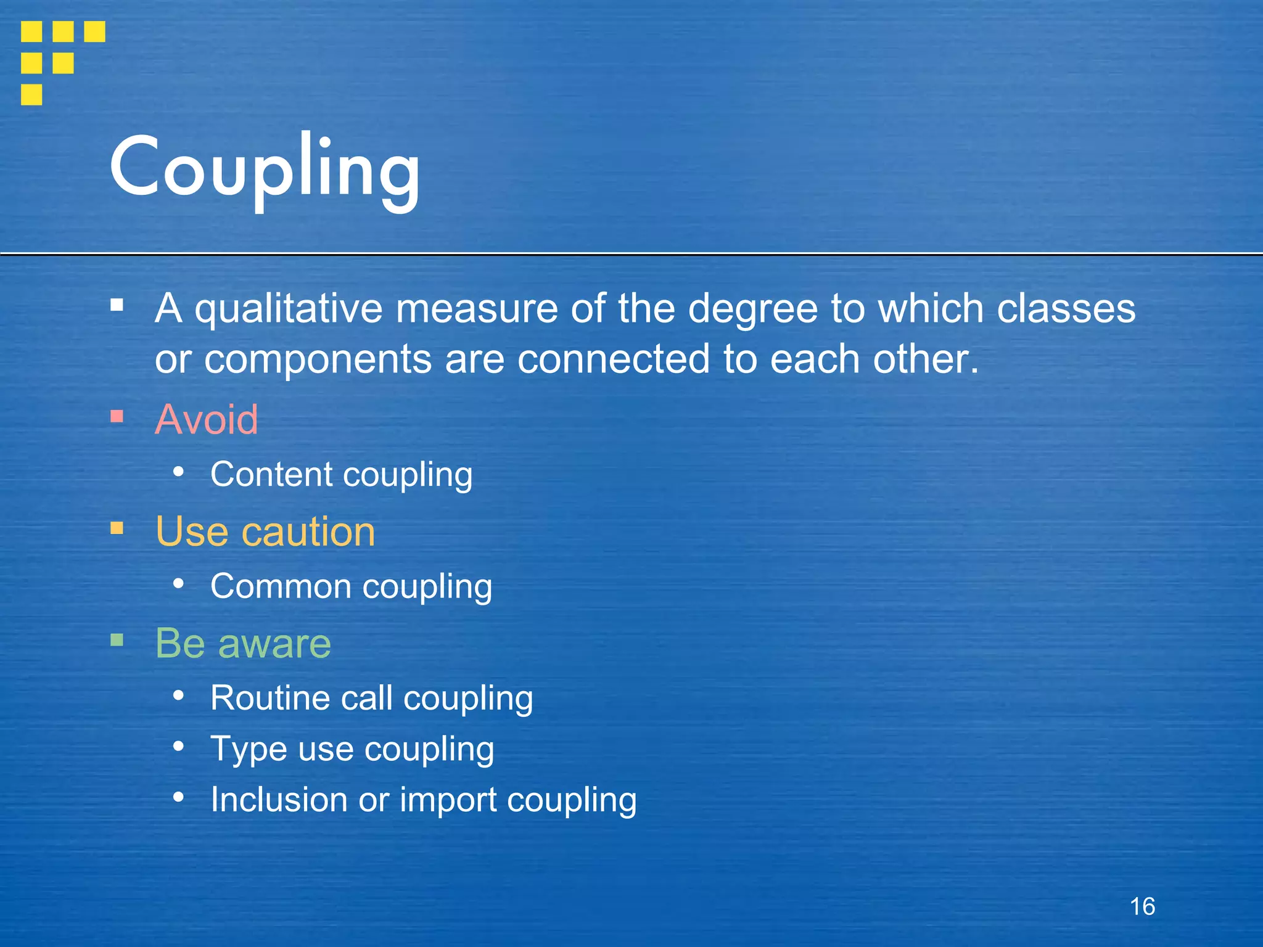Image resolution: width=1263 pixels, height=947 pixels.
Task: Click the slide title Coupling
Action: click(x=265, y=168)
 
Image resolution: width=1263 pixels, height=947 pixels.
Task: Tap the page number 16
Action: click(x=1142, y=906)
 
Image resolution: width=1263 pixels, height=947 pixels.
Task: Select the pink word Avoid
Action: click(x=207, y=419)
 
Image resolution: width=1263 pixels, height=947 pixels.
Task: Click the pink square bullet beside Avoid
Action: click(x=117, y=417)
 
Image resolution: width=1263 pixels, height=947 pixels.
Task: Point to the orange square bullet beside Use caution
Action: click(x=117, y=528)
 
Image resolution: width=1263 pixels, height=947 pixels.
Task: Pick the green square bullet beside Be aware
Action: click(x=117, y=640)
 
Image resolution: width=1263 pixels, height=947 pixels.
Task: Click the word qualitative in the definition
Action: click(x=289, y=308)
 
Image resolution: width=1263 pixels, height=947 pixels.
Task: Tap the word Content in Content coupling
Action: click(x=271, y=474)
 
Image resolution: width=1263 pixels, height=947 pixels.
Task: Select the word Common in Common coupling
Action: click(x=281, y=586)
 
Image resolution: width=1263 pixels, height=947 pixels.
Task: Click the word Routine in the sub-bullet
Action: click(x=269, y=698)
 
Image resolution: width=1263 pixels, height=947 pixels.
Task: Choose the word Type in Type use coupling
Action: click(x=249, y=749)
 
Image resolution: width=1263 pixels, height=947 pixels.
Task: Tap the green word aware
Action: click(x=274, y=643)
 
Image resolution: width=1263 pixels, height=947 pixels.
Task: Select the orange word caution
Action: click(x=308, y=531)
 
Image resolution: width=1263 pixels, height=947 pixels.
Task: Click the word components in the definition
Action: click(x=318, y=359)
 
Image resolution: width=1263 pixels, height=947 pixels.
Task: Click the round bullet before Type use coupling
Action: click(x=179, y=747)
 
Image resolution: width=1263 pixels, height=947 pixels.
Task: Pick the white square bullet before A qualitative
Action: click(x=117, y=305)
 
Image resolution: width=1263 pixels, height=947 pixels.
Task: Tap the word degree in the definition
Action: click(x=752, y=308)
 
